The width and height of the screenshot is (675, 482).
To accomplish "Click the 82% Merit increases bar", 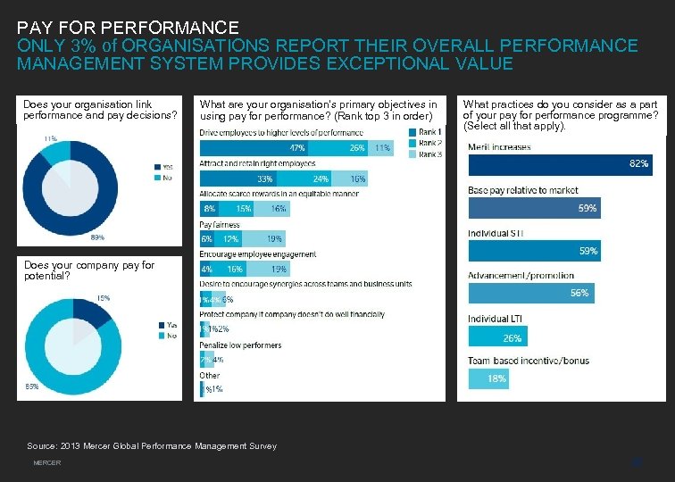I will click(560, 164).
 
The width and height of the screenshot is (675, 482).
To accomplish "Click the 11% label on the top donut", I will click(50, 138).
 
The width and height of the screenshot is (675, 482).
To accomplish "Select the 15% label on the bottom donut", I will click(104, 297).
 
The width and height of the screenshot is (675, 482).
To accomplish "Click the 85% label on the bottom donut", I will click(31, 386).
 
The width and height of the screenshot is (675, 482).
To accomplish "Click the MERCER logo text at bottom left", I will click(46, 463).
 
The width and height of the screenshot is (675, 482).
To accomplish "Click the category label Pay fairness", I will click(220, 225).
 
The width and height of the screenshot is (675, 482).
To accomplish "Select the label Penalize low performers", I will click(240, 345).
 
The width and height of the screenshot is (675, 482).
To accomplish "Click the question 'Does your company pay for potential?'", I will click(89, 270).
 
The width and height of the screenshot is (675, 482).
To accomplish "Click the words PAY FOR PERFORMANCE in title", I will click(128, 29).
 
